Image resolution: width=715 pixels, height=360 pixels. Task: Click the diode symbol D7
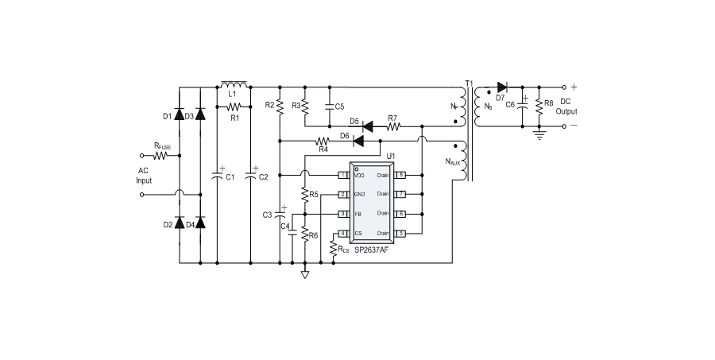point(501,87)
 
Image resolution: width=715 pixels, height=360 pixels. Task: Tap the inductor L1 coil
point(234,84)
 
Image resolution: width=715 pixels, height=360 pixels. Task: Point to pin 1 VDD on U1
point(342,174)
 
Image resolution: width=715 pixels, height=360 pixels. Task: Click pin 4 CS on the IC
point(342,233)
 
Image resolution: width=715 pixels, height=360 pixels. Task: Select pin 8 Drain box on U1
point(402,174)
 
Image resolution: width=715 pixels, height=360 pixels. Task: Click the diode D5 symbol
point(368,126)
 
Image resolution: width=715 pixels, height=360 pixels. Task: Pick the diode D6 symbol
point(358,141)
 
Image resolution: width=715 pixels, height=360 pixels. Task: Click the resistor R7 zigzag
point(392,126)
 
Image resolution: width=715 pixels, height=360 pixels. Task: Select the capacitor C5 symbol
point(328,106)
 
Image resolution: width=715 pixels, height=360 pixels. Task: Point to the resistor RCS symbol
point(333,250)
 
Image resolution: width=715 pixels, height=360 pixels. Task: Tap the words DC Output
point(565,106)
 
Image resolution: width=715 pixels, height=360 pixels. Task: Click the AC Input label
point(143,176)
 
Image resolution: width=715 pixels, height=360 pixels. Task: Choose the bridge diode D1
point(180,116)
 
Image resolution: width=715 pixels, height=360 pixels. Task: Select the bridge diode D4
point(199,223)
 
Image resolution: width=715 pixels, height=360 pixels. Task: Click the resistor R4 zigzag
point(323,141)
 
